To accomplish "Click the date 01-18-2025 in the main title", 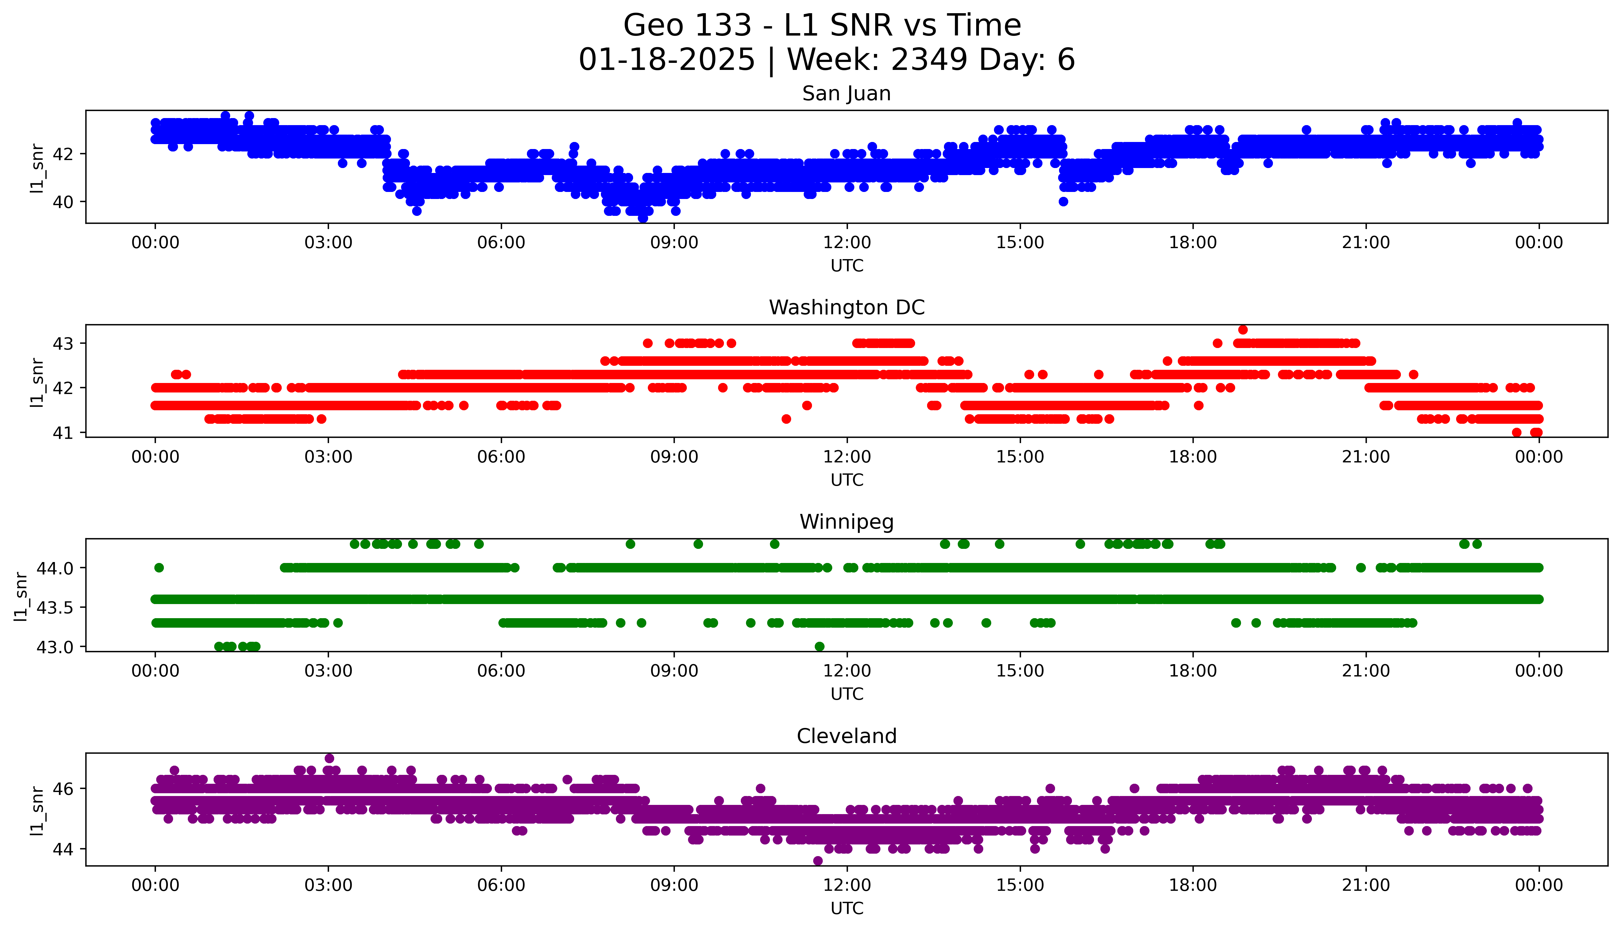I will click(x=667, y=60).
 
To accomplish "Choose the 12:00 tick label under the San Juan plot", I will click(x=847, y=243).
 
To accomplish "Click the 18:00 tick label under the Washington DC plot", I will click(x=1193, y=457).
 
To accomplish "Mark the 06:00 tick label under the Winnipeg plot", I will click(x=501, y=671).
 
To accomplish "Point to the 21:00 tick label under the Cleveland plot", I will click(x=1366, y=885).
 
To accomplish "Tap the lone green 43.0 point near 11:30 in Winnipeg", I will click(x=819, y=646).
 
